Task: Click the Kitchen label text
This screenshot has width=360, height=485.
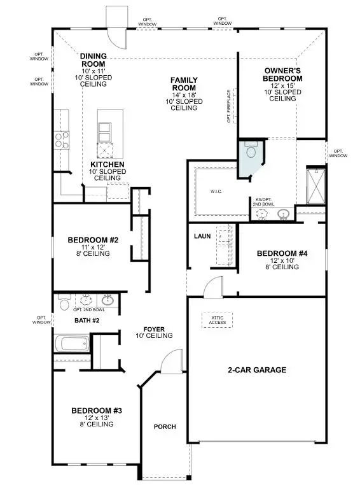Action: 107,164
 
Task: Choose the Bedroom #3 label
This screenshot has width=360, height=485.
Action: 92,411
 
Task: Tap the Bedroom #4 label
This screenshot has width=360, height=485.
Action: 282,254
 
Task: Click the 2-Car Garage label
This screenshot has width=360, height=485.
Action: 257,370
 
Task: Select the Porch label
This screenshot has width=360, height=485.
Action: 165,426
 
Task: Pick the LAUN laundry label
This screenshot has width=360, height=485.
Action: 202,236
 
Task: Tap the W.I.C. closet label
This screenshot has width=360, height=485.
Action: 214,191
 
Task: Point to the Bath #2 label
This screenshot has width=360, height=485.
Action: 87,320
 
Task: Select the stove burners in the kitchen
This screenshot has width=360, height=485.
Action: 62,139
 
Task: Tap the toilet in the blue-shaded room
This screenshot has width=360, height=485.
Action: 250,151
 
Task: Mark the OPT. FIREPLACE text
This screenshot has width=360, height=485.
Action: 230,105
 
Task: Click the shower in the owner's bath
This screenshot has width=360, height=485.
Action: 315,185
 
